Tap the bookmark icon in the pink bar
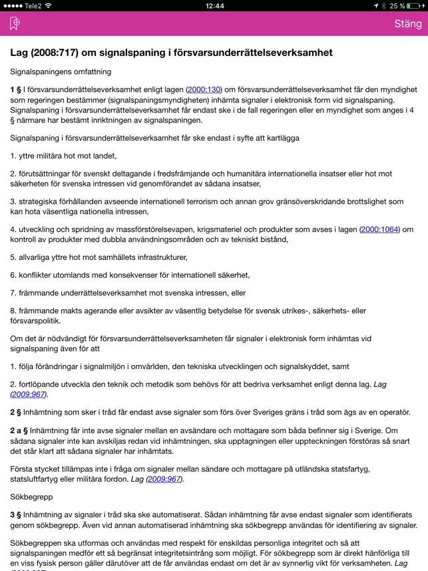pos(15,24)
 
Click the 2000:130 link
pos(203,90)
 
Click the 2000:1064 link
pos(379,229)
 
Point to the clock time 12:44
pos(214,5)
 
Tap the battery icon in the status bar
pos(415,5)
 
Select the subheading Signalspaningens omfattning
pos(61,71)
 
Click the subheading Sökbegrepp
pos(31,497)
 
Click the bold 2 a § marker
pos(20,430)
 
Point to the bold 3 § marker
pos(16,515)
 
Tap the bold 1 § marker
pos(16,90)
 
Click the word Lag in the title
pos(21,52)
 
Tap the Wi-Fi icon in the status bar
pos(48,5)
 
